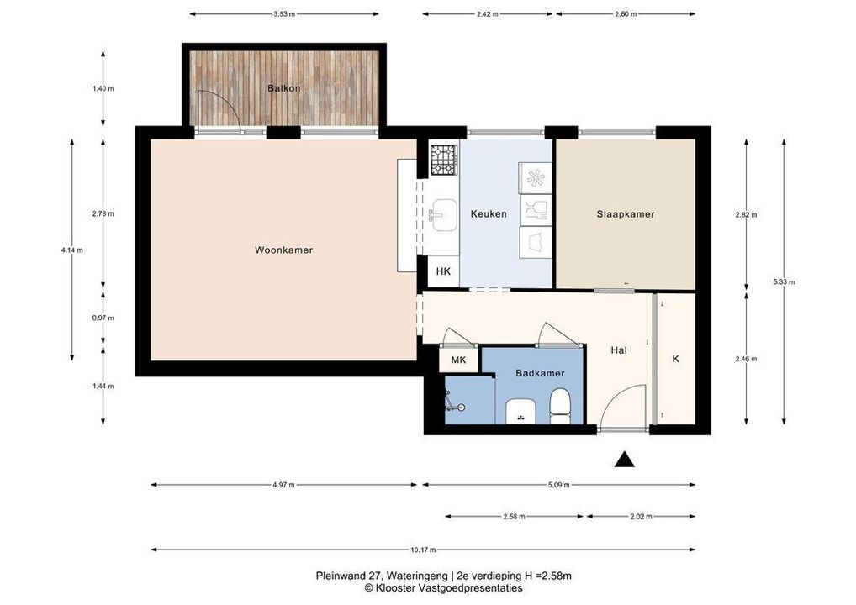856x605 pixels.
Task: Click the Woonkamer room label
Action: click(x=283, y=250)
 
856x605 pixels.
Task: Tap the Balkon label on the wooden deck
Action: click(x=284, y=88)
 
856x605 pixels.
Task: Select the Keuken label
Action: click(x=489, y=213)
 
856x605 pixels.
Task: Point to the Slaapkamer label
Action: click(x=626, y=214)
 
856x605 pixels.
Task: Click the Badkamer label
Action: click(x=540, y=373)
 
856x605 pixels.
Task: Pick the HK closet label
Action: click(x=443, y=271)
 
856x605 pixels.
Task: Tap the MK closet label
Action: click(x=458, y=360)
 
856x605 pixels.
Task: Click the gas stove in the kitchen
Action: click(x=442, y=160)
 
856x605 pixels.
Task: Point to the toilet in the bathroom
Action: click(x=559, y=407)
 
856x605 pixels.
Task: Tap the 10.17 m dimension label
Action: click(x=423, y=550)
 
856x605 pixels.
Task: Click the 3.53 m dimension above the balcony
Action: click(x=284, y=14)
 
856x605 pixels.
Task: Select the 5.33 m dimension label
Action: click(x=784, y=282)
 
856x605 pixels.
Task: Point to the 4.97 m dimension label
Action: click(x=284, y=485)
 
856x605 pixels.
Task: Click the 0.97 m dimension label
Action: click(x=103, y=318)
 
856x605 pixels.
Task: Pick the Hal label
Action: click(x=619, y=350)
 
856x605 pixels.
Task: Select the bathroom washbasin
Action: click(x=520, y=412)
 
